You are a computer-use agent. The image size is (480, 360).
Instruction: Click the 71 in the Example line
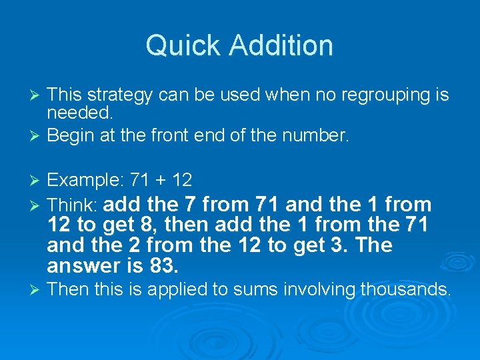140,180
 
